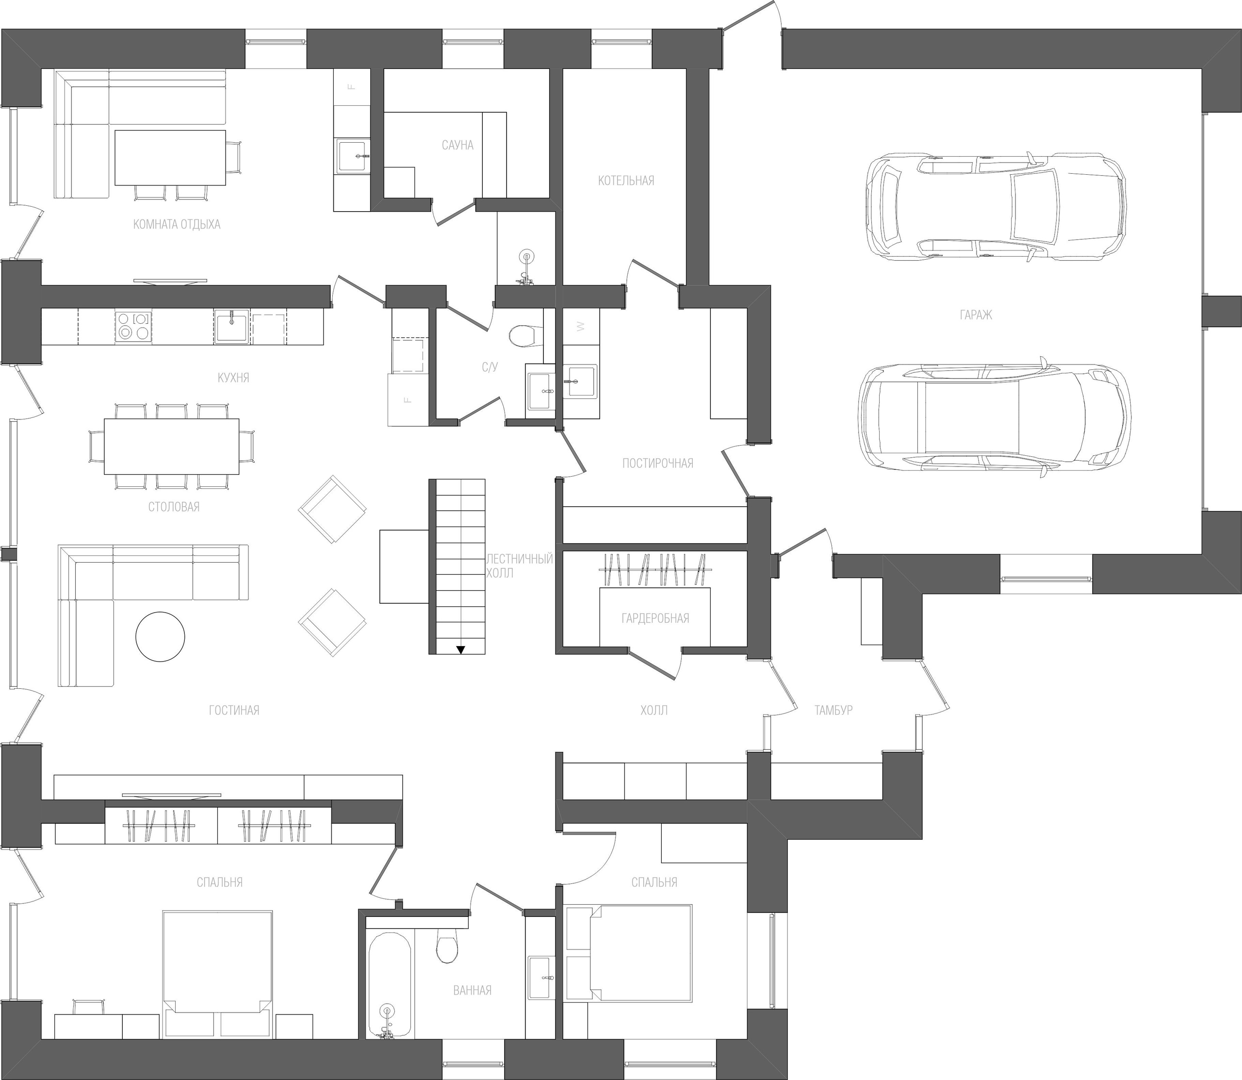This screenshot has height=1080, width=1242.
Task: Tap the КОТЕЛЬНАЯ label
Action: click(626, 181)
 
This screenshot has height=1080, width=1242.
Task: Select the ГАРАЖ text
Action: click(976, 315)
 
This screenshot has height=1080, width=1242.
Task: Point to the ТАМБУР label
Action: click(833, 711)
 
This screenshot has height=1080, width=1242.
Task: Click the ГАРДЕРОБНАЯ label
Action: click(655, 618)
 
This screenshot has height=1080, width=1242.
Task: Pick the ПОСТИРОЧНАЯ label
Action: click(658, 464)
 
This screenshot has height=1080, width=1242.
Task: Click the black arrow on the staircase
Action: click(461, 649)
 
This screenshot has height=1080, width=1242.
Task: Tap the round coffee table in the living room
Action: click(160, 637)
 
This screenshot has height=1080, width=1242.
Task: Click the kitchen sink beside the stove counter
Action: click(231, 327)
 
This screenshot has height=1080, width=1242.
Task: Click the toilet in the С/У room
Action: click(522, 336)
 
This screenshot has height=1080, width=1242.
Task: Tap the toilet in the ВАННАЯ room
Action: click(447, 947)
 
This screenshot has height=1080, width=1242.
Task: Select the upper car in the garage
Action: click(995, 209)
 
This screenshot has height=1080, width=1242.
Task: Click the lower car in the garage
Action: click(992, 419)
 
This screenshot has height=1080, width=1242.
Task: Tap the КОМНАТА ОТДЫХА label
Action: click(177, 225)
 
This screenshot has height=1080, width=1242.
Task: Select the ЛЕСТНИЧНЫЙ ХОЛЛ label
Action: click(520, 566)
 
